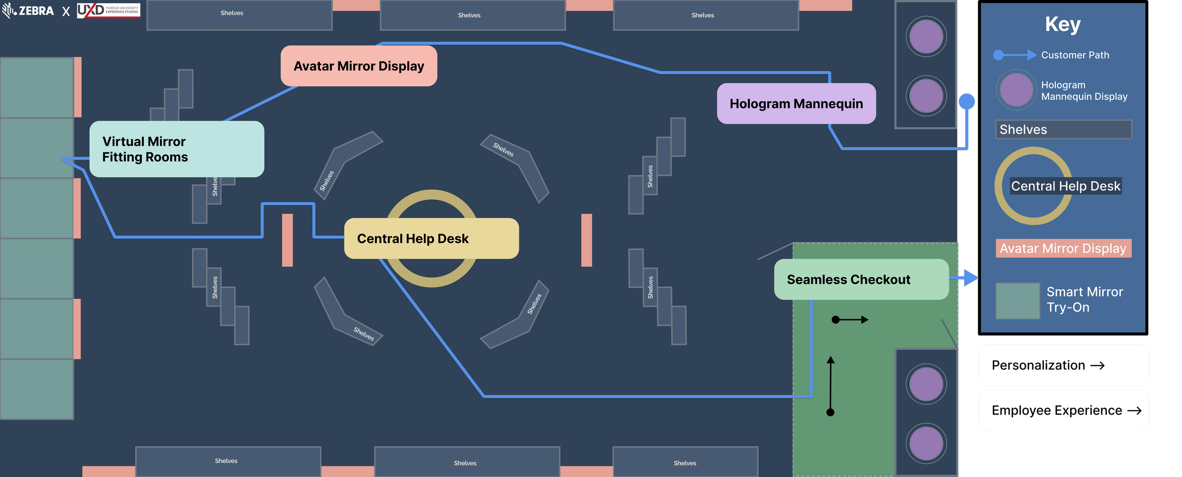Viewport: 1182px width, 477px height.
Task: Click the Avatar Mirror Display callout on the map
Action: (359, 66)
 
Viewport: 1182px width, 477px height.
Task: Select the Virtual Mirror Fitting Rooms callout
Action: (176, 149)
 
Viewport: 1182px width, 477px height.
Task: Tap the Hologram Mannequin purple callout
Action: (796, 104)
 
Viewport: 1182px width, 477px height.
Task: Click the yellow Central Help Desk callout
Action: (431, 238)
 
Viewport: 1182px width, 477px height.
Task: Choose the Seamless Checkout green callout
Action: (861, 279)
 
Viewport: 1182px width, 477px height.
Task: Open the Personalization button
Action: (1064, 365)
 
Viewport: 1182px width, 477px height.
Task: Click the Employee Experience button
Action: (1064, 410)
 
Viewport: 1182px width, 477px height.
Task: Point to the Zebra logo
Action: (28, 10)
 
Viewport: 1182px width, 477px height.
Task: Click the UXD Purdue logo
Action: (108, 10)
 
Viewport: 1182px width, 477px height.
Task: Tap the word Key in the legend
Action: (1062, 24)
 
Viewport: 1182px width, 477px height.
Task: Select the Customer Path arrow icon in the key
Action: (1015, 55)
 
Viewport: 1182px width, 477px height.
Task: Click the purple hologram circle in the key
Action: (1016, 90)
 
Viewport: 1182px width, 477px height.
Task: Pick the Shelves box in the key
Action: (1063, 130)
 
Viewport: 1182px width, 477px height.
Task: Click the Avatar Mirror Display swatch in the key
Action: (1063, 248)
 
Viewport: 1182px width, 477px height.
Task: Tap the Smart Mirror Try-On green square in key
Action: (1017, 301)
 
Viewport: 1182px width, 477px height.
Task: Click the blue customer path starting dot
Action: (966, 101)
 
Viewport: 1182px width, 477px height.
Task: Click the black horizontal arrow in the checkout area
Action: (850, 320)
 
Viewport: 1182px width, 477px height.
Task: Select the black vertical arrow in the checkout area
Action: (830, 385)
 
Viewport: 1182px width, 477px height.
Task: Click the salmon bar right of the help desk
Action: (586, 240)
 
